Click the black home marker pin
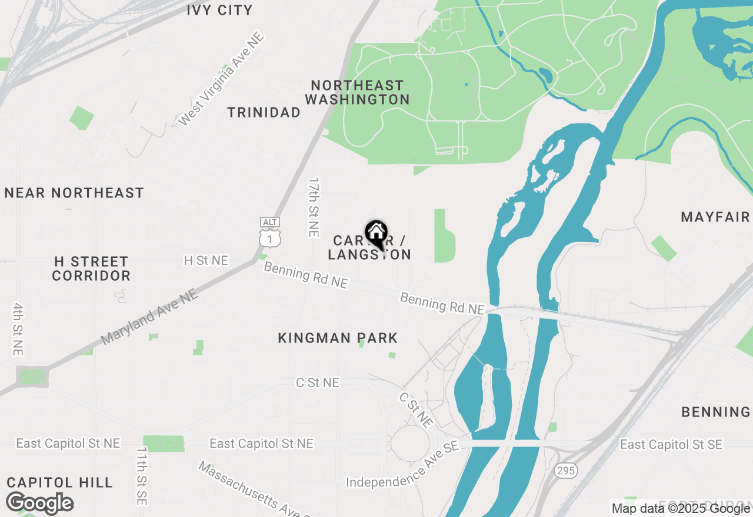pos(376,234)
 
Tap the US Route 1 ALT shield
pos(270,233)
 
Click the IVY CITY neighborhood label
pos(219,10)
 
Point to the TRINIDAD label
pos(264,112)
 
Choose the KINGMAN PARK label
pos(338,338)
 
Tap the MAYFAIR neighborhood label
pos(715,217)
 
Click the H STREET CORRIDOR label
pos(91,268)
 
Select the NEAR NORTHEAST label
pos(74,193)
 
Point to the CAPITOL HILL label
pos(60,483)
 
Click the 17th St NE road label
pos(314,207)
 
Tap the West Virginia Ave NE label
pos(221,79)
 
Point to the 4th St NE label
pos(18,329)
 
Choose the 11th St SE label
pos(142,476)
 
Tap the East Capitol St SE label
pos(671,445)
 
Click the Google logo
pos(39,503)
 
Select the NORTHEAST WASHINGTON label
pos(357,93)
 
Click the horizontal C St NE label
pos(318,383)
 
